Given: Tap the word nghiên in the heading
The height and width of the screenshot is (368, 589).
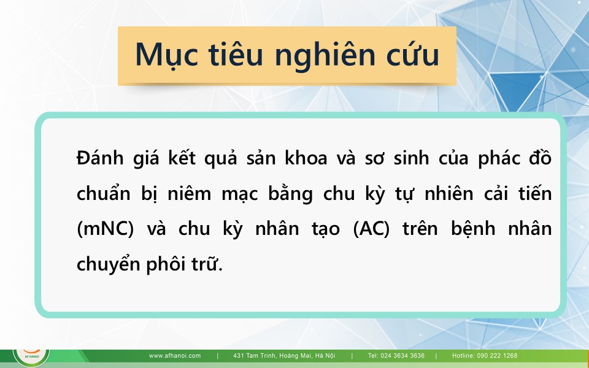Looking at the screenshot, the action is tap(325, 55).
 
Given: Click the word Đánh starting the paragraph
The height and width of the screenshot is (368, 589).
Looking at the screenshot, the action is tap(100, 158).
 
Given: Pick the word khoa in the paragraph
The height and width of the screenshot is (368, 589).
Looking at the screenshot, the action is tap(306, 158).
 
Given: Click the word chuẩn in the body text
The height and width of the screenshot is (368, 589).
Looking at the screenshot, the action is tap(103, 193).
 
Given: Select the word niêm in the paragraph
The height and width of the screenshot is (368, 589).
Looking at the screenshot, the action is tap(190, 193).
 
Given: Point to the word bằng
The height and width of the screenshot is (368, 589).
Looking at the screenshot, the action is tap(290, 194).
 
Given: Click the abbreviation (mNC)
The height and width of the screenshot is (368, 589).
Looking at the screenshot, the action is tap(105, 228).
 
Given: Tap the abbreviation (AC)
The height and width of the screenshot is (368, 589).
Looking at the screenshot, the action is tap(372, 228).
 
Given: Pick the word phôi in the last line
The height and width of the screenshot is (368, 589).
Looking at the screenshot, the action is tap(166, 264).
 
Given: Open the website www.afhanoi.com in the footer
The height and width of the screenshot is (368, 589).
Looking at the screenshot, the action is tap(175, 356).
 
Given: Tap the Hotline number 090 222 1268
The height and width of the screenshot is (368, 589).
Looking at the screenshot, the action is tap(497, 356).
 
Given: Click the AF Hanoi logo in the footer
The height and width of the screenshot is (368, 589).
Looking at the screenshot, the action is tap(31, 357).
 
